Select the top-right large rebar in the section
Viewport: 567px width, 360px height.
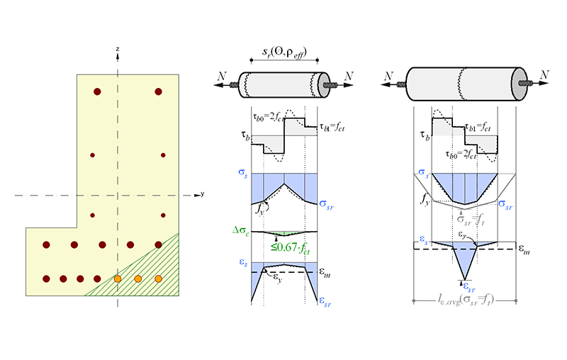tap(158, 91)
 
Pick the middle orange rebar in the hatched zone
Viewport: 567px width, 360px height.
tap(138, 279)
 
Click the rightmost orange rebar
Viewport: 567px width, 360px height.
tap(159, 279)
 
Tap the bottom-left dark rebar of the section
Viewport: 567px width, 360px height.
tap(47, 279)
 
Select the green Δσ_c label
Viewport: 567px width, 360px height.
tap(240, 230)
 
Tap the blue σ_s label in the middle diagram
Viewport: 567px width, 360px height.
tap(240, 172)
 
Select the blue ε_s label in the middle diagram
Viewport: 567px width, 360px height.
tap(240, 264)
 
